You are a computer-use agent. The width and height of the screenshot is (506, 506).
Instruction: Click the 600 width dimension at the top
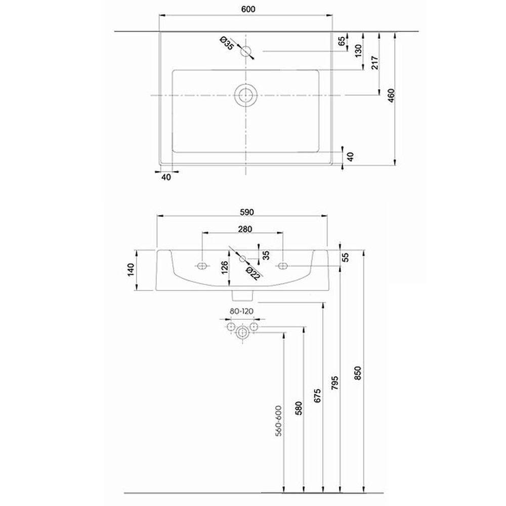click(248, 9)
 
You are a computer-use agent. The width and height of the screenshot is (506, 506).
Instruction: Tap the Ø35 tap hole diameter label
click(227, 44)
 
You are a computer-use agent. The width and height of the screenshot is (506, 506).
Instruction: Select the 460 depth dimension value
click(391, 96)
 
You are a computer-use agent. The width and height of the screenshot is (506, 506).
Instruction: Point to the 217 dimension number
click(374, 63)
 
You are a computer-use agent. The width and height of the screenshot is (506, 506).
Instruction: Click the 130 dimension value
click(359, 51)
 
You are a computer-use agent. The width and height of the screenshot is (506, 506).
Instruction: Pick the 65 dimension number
click(342, 41)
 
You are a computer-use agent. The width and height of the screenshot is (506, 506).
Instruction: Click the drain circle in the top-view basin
click(245, 95)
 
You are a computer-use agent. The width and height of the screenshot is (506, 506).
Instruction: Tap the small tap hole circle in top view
click(246, 51)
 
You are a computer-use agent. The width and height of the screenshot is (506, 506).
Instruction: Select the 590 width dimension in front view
click(247, 212)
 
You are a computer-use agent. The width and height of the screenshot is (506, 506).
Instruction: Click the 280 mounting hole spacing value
click(245, 229)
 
